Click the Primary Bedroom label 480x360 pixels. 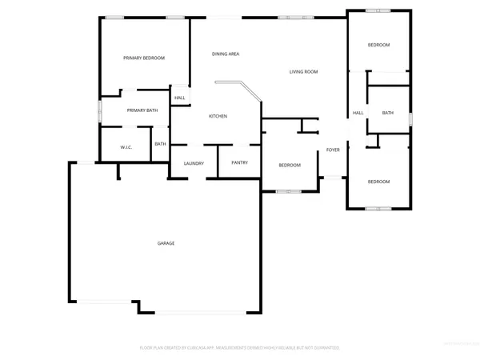(144, 58)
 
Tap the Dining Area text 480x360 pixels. (226, 54)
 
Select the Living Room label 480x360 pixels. (304, 72)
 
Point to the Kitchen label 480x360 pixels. (218, 116)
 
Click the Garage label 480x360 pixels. (166, 243)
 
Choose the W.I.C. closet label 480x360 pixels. (126, 147)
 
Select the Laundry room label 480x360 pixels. (194, 163)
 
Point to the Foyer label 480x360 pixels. (333, 150)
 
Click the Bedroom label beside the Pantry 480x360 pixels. (290, 165)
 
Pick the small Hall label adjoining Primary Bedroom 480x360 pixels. (180, 98)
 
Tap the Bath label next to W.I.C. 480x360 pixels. (160, 144)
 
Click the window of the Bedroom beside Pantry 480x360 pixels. (289, 191)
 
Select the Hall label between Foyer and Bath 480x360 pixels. (358, 113)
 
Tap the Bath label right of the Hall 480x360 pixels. (387, 113)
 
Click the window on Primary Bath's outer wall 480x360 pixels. (99, 110)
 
